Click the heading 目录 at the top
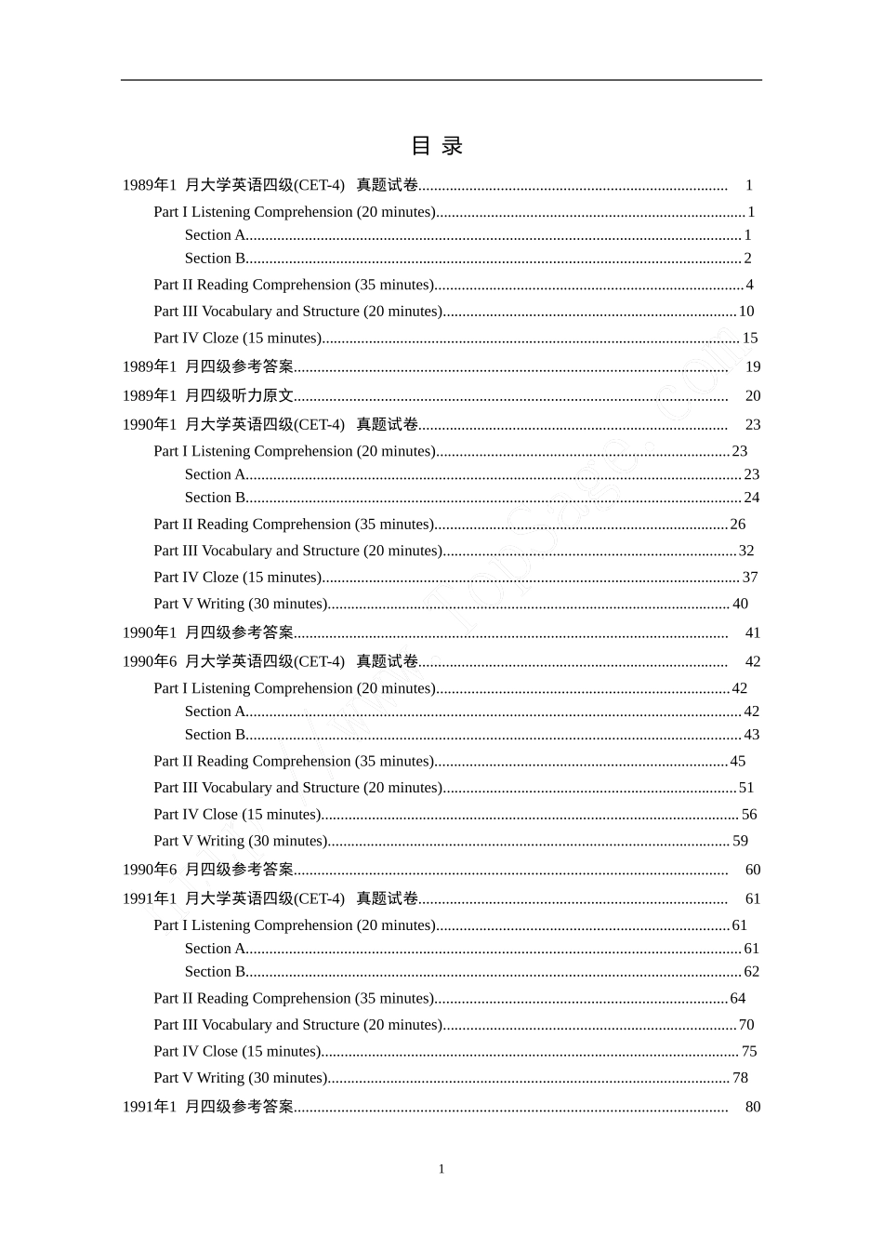[x=437, y=145]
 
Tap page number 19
[x=753, y=367]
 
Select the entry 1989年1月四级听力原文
[x=208, y=396]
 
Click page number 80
[x=753, y=1107]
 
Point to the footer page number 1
[x=441, y=1169]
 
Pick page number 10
[x=746, y=312]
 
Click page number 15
[x=750, y=339]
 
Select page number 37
[x=750, y=578]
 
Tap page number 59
[x=740, y=841]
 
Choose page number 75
[x=749, y=1052]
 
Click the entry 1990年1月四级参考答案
[x=208, y=633]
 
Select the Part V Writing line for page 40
[x=241, y=605]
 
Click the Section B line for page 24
[x=216, y=498]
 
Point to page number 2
[x=747, y=259]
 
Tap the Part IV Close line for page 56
[x=237, y=815]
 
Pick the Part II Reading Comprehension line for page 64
[x=294, y=999]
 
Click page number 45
[x=738, y=762]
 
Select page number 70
[x=746, y=1025]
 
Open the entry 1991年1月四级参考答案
[x=208, y=1108]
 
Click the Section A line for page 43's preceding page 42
[x=216, y=711]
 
